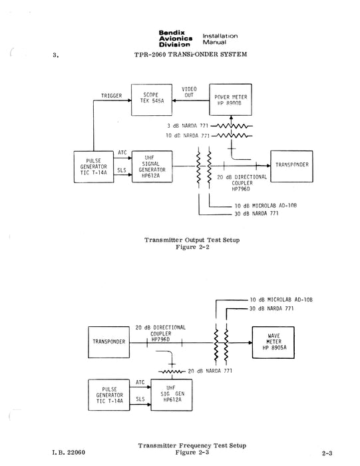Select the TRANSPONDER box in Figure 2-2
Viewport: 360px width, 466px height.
[291, 164]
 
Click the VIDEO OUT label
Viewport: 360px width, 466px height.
[190, 92]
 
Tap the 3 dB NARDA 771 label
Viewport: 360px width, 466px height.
[190, 124]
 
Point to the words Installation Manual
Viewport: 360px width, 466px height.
[220, 38]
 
